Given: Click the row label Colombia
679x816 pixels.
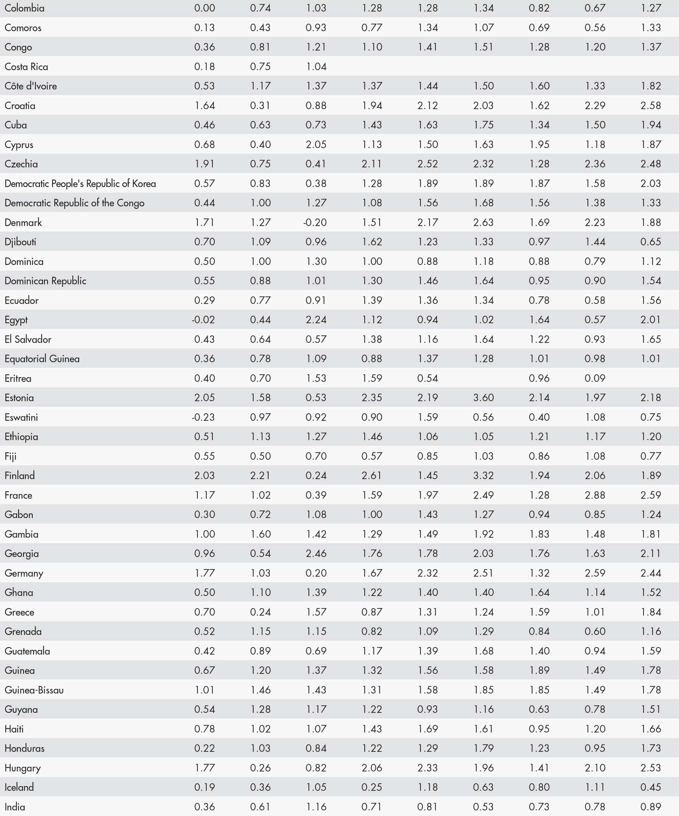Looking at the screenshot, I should point(25,8).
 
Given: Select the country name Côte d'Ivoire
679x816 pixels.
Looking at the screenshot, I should point(31,86).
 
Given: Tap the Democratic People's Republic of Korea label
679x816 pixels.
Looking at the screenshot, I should point(80,183).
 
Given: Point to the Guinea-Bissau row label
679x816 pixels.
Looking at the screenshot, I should point(34,690).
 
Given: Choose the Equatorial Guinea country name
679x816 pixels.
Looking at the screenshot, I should point(42,359).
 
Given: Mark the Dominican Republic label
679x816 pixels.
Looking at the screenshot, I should point(46,281).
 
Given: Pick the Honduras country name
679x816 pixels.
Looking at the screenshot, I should point(25,748).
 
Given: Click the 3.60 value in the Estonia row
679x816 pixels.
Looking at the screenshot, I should point(483,397).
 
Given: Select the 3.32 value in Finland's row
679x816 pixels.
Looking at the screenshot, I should point(483,475).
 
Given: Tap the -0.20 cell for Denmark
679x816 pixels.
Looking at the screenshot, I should point(315,222).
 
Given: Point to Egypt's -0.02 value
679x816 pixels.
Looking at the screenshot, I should point(203,320).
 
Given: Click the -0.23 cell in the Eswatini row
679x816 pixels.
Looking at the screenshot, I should point(203,417).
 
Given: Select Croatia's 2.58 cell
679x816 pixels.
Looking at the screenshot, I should point(651,105).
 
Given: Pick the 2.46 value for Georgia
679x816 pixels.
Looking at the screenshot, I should point(316,553).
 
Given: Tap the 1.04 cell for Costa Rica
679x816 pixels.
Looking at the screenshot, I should point(316,66).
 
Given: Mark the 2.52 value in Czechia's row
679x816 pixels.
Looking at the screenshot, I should point(427,164).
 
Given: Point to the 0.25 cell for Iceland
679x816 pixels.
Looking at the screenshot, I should point(372,787).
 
